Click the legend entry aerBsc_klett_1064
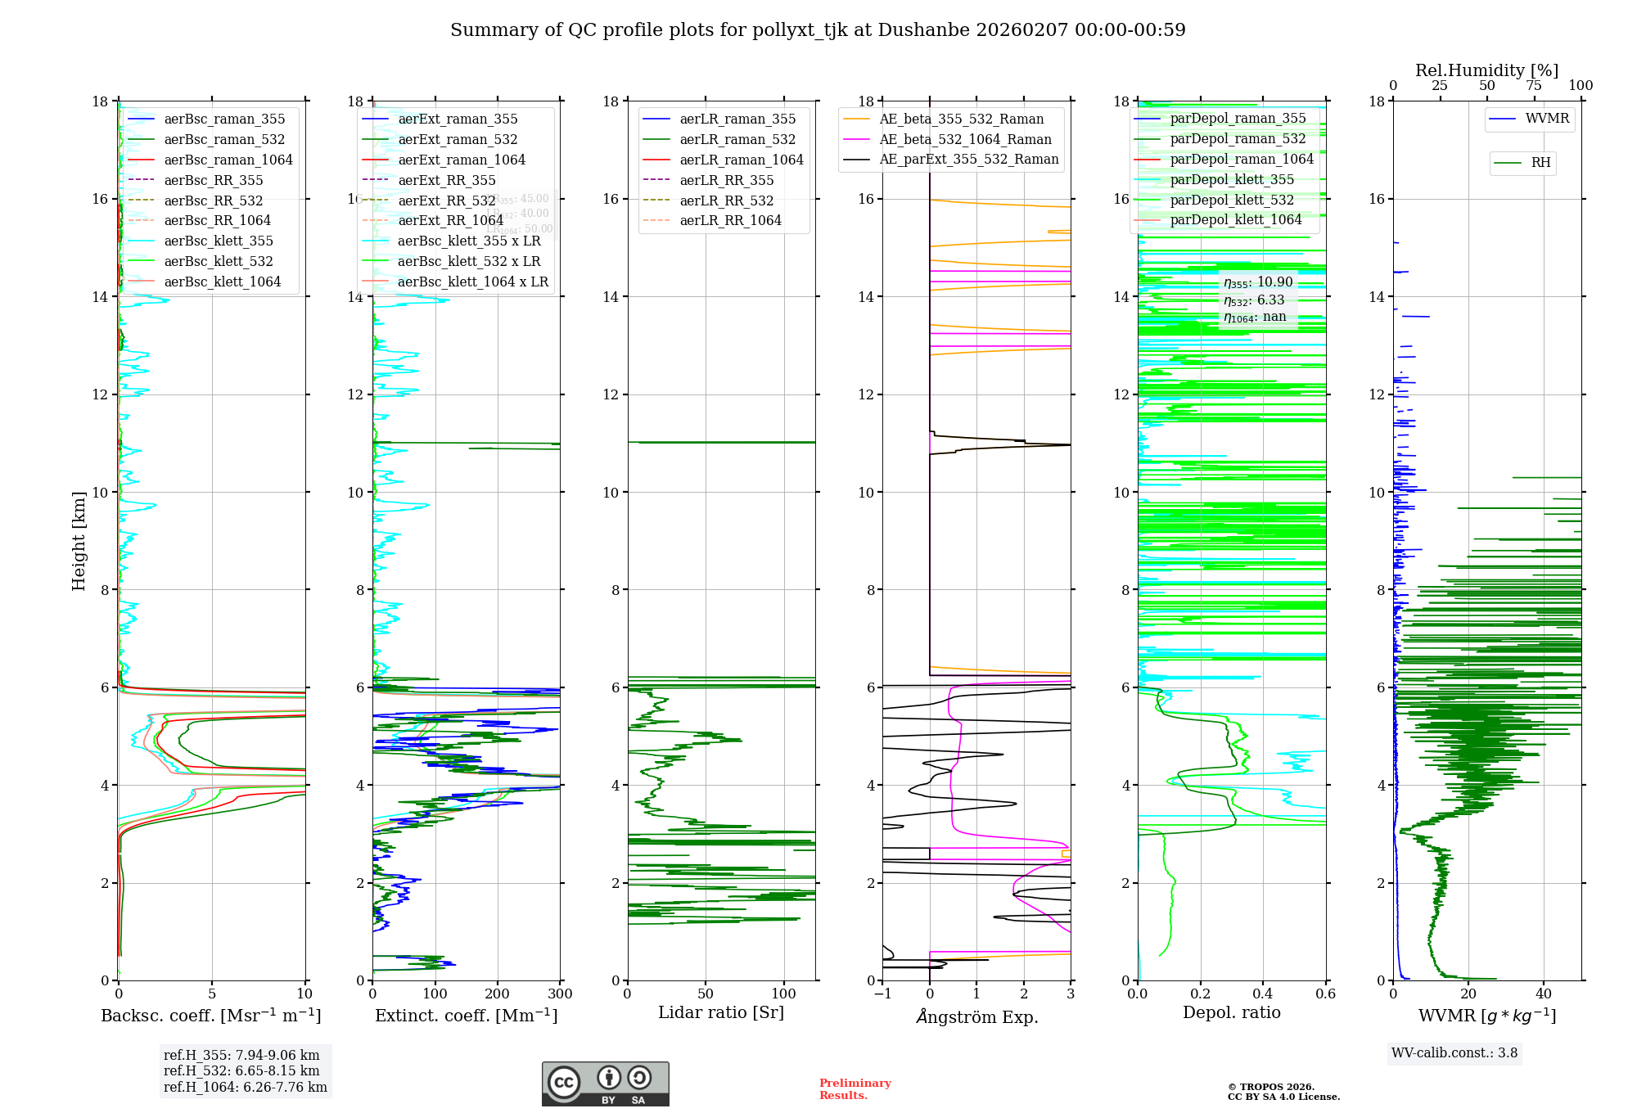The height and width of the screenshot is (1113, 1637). tap(222, 282)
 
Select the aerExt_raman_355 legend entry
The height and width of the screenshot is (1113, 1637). tap(458, 119)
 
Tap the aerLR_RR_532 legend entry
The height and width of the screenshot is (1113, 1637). tap(726, 201)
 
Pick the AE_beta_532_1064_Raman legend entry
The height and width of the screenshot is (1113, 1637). tap(965, 139)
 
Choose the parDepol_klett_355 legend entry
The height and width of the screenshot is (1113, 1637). tap(1232, 179)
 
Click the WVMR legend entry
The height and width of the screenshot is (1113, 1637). tap(1547, 119)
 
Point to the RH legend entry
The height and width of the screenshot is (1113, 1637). tap(1540, 163)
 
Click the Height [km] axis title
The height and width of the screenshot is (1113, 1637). tap(79, 540)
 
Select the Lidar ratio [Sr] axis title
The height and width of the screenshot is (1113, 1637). tap(721, 1012)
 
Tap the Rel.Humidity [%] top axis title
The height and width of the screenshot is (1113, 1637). tap(1486, 70)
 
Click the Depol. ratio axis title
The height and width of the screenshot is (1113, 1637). tap(1231, 1012)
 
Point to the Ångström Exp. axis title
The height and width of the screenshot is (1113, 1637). tap(976, 1016)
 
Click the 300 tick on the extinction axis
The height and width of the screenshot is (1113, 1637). tap(560, 994)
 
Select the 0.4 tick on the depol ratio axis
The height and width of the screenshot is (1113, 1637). tap(1263, 994)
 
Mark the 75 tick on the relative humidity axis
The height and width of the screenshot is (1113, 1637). tap(1534, 86)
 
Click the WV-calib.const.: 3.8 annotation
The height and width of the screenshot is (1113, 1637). tap(1454, 1053)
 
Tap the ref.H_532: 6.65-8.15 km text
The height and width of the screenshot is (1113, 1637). tap(241, 1071)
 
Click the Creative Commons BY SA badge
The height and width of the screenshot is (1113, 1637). tap(605, 1084)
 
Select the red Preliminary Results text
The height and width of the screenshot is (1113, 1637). tap(855, 1089)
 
